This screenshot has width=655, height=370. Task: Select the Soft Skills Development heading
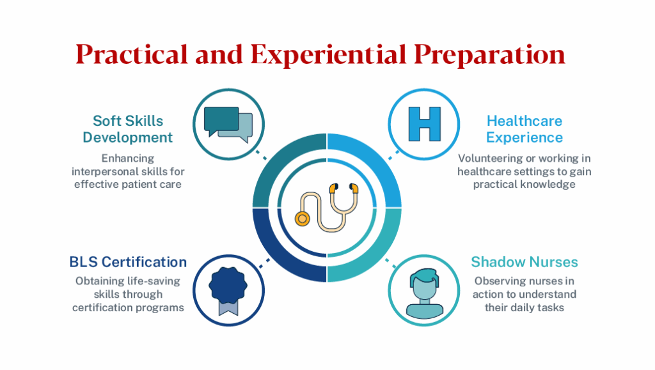point(128,128)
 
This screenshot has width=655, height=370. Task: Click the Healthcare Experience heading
point(525,128)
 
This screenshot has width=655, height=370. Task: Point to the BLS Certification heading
point(128,261)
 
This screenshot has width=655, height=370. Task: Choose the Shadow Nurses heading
point(525,261)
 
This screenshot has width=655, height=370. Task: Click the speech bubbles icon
point(228,121)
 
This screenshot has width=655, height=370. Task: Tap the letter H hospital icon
point(425,123)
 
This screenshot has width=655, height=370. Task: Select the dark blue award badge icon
point(228,285)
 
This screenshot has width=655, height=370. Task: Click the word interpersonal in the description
point(109,172)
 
